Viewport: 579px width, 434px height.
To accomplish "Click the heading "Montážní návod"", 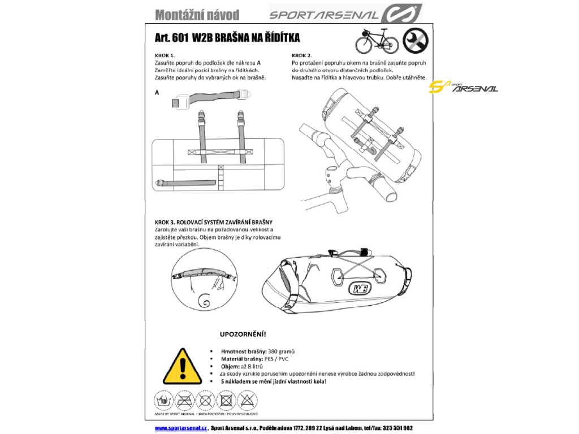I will [x=197, y=15].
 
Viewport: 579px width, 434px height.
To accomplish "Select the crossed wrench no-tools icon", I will [x=414, y=41].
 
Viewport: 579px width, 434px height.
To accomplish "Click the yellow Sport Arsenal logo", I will [x=463, y=87].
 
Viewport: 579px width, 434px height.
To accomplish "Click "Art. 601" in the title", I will [x=172, y=38].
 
